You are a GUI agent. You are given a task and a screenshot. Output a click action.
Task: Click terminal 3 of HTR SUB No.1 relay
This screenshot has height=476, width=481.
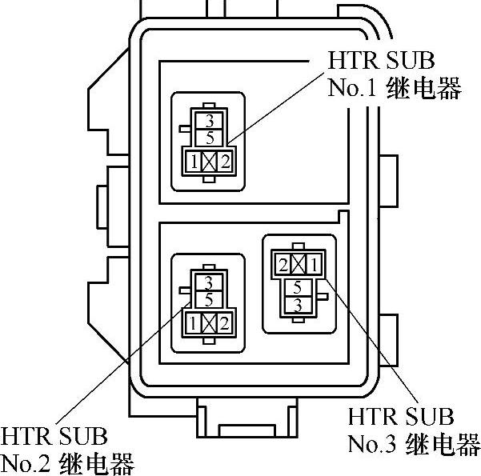click(x=209, y=122)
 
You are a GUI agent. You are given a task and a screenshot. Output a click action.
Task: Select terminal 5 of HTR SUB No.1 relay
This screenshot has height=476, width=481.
click(x=209, y=137)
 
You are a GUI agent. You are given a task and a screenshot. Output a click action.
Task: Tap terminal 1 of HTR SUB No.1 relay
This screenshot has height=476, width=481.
click(x=194, y=162)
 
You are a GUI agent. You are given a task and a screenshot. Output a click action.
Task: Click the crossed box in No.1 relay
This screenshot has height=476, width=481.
click(x=210, y=162)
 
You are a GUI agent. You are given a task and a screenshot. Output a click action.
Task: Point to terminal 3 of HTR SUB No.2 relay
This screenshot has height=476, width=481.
click(x=209, y=282)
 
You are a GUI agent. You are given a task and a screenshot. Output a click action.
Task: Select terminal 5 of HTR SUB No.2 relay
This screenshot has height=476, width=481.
click(x=209, y=299)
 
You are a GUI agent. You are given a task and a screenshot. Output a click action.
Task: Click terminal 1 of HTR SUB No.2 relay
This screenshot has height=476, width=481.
click(x=193, y=324)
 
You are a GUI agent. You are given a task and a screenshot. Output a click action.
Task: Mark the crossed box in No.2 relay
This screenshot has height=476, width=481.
click(x=209, y=324)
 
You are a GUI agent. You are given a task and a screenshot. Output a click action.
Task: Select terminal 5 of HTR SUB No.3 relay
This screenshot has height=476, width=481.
click(x=298, y=287)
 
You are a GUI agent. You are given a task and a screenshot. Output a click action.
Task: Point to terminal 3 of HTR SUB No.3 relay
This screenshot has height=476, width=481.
click(x=298, y=304)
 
